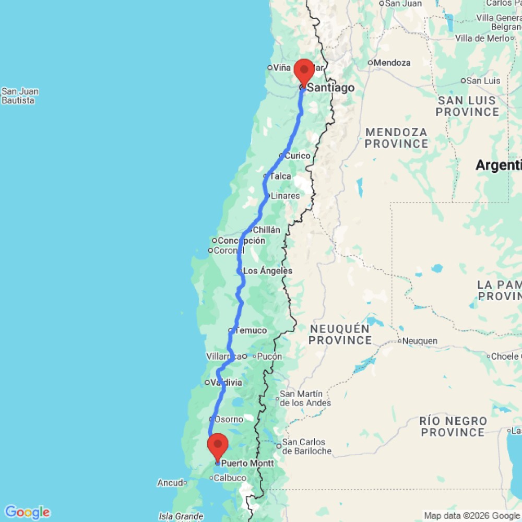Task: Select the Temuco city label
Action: (x=251, y=330)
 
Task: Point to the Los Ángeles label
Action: (x=268, y=271)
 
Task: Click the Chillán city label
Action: (x=266, y=230)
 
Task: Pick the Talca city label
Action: (x=280, y=176)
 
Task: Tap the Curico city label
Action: (x=297, y=156)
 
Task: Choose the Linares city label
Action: (x=285, y=196)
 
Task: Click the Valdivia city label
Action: (x=226, y=383)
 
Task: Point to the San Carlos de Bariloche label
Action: (x=306, y=447)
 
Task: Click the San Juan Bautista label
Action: (x=20, y=96)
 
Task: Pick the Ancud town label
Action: (x=170, y=483)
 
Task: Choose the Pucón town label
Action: (x=270, y=357)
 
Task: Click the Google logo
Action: (x=27, y=512)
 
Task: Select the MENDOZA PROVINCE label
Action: (x=396, y=138)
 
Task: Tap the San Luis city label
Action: (x=483, y=80)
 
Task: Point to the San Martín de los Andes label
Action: (x=305, y=398)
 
